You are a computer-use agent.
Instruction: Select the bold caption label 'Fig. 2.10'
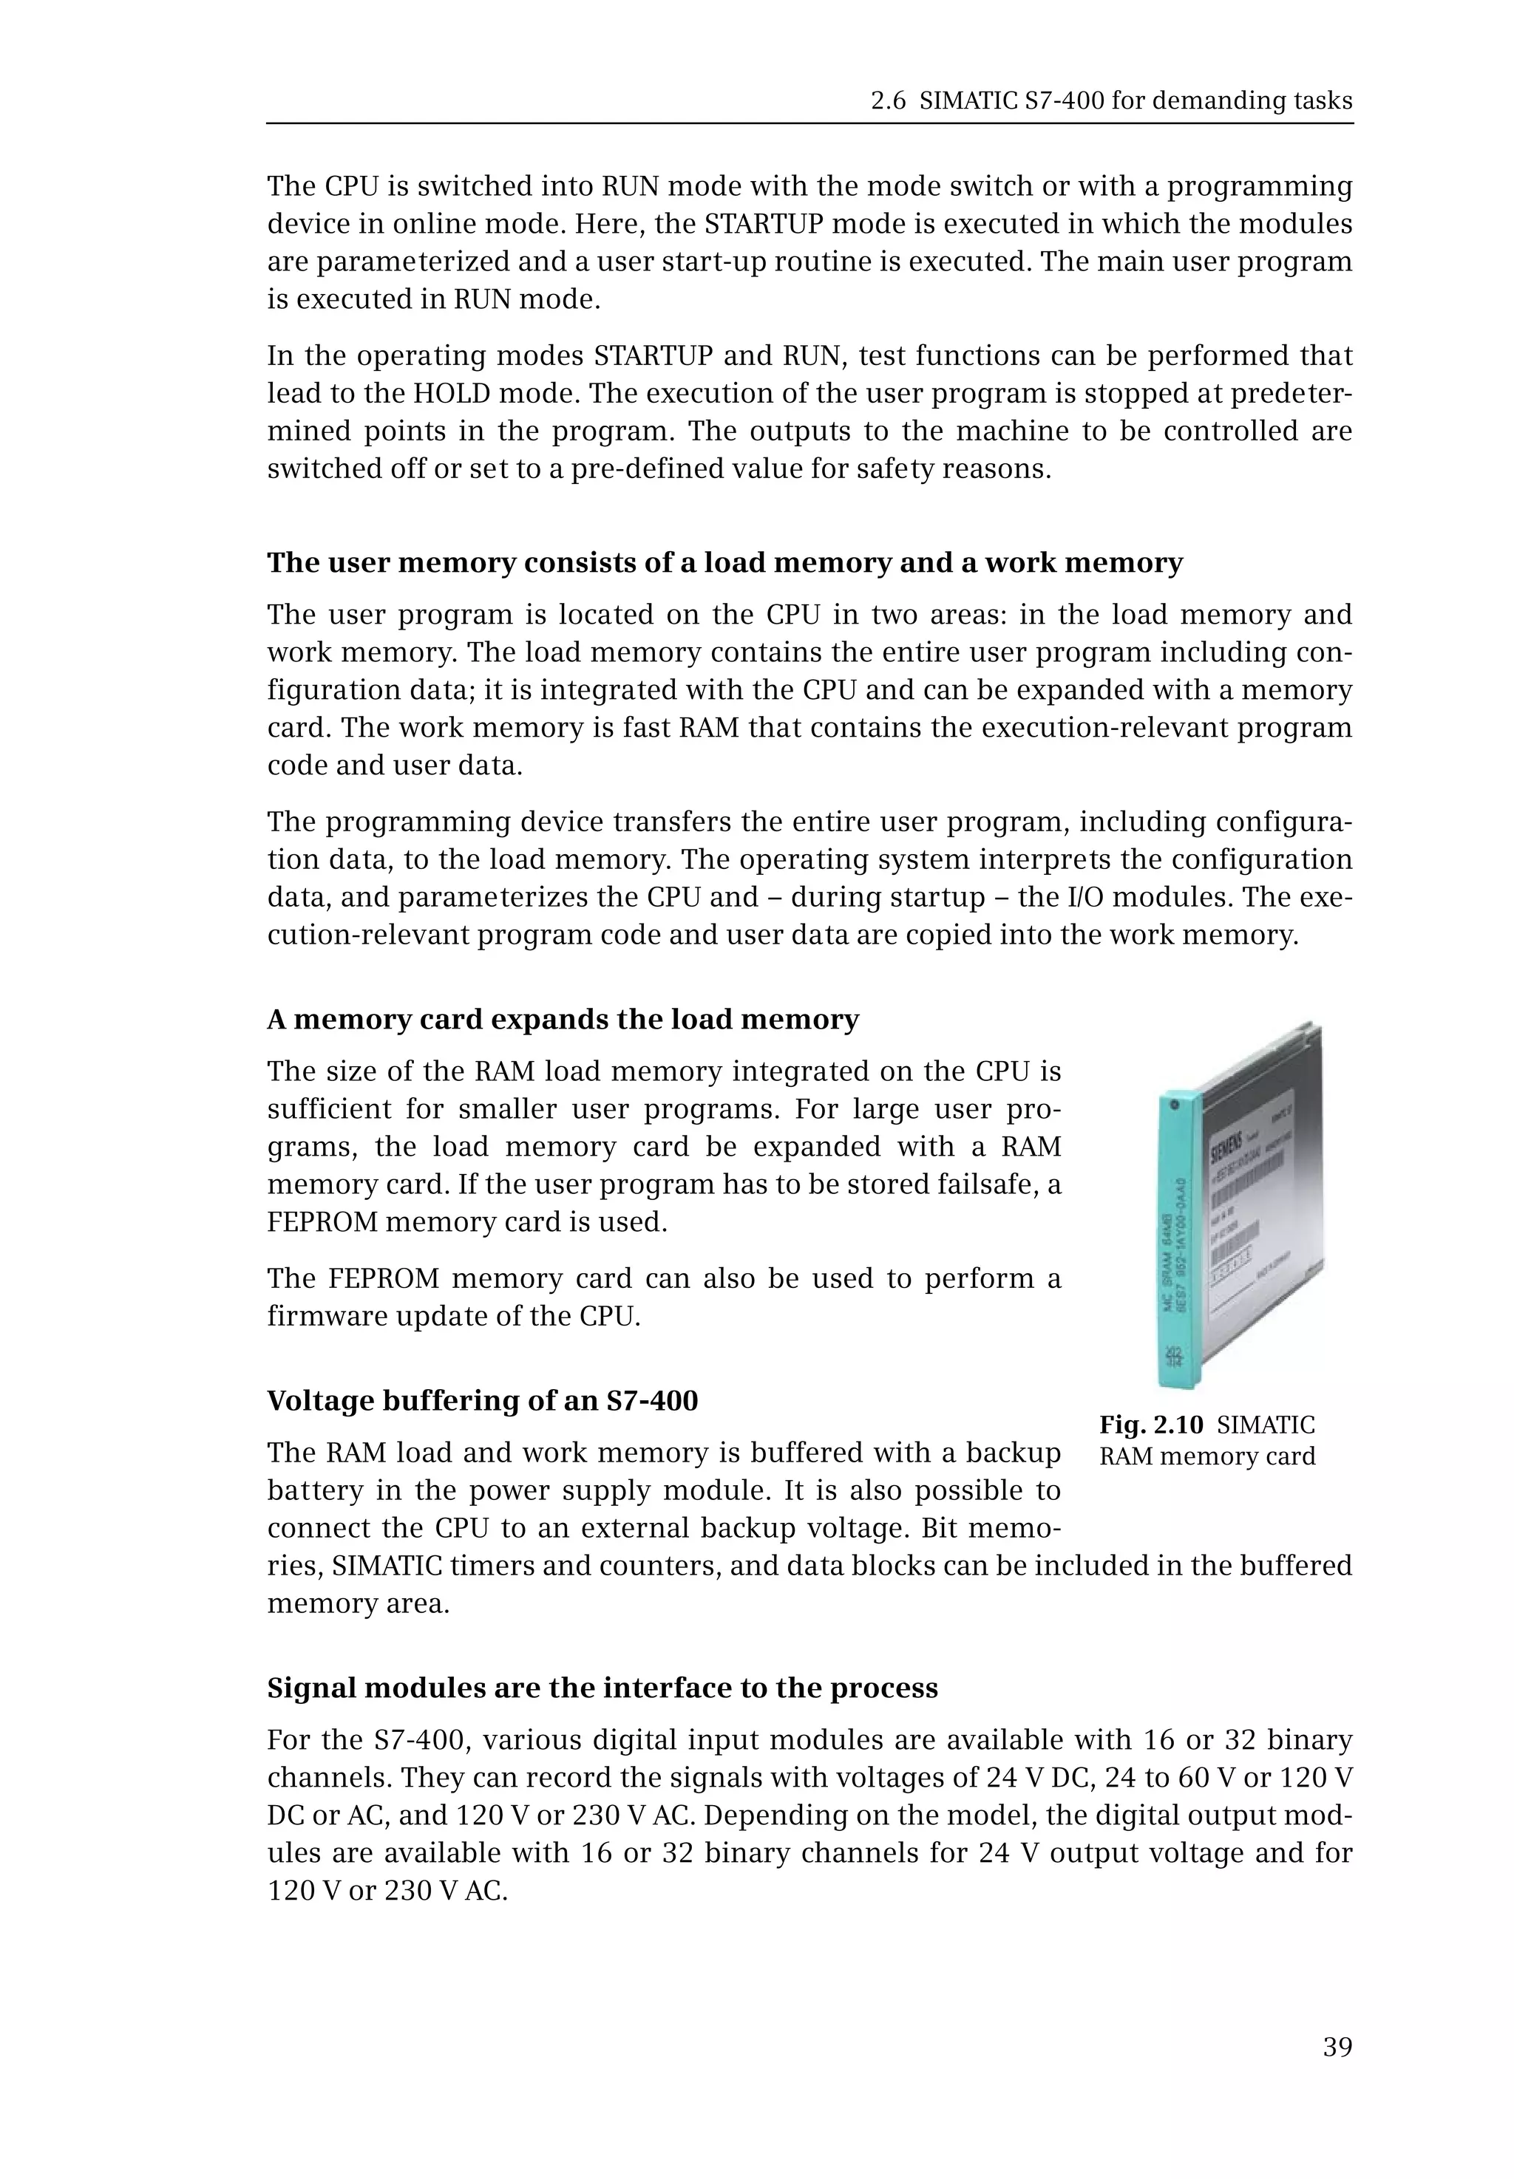coord(1151,1425)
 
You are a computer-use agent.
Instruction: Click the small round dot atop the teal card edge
coord(1175,1105)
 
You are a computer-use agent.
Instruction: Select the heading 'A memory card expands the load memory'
coord(563,1020)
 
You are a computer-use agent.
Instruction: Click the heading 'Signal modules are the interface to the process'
coord(602,1688)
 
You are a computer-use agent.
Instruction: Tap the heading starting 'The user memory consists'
coord(724,562)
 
